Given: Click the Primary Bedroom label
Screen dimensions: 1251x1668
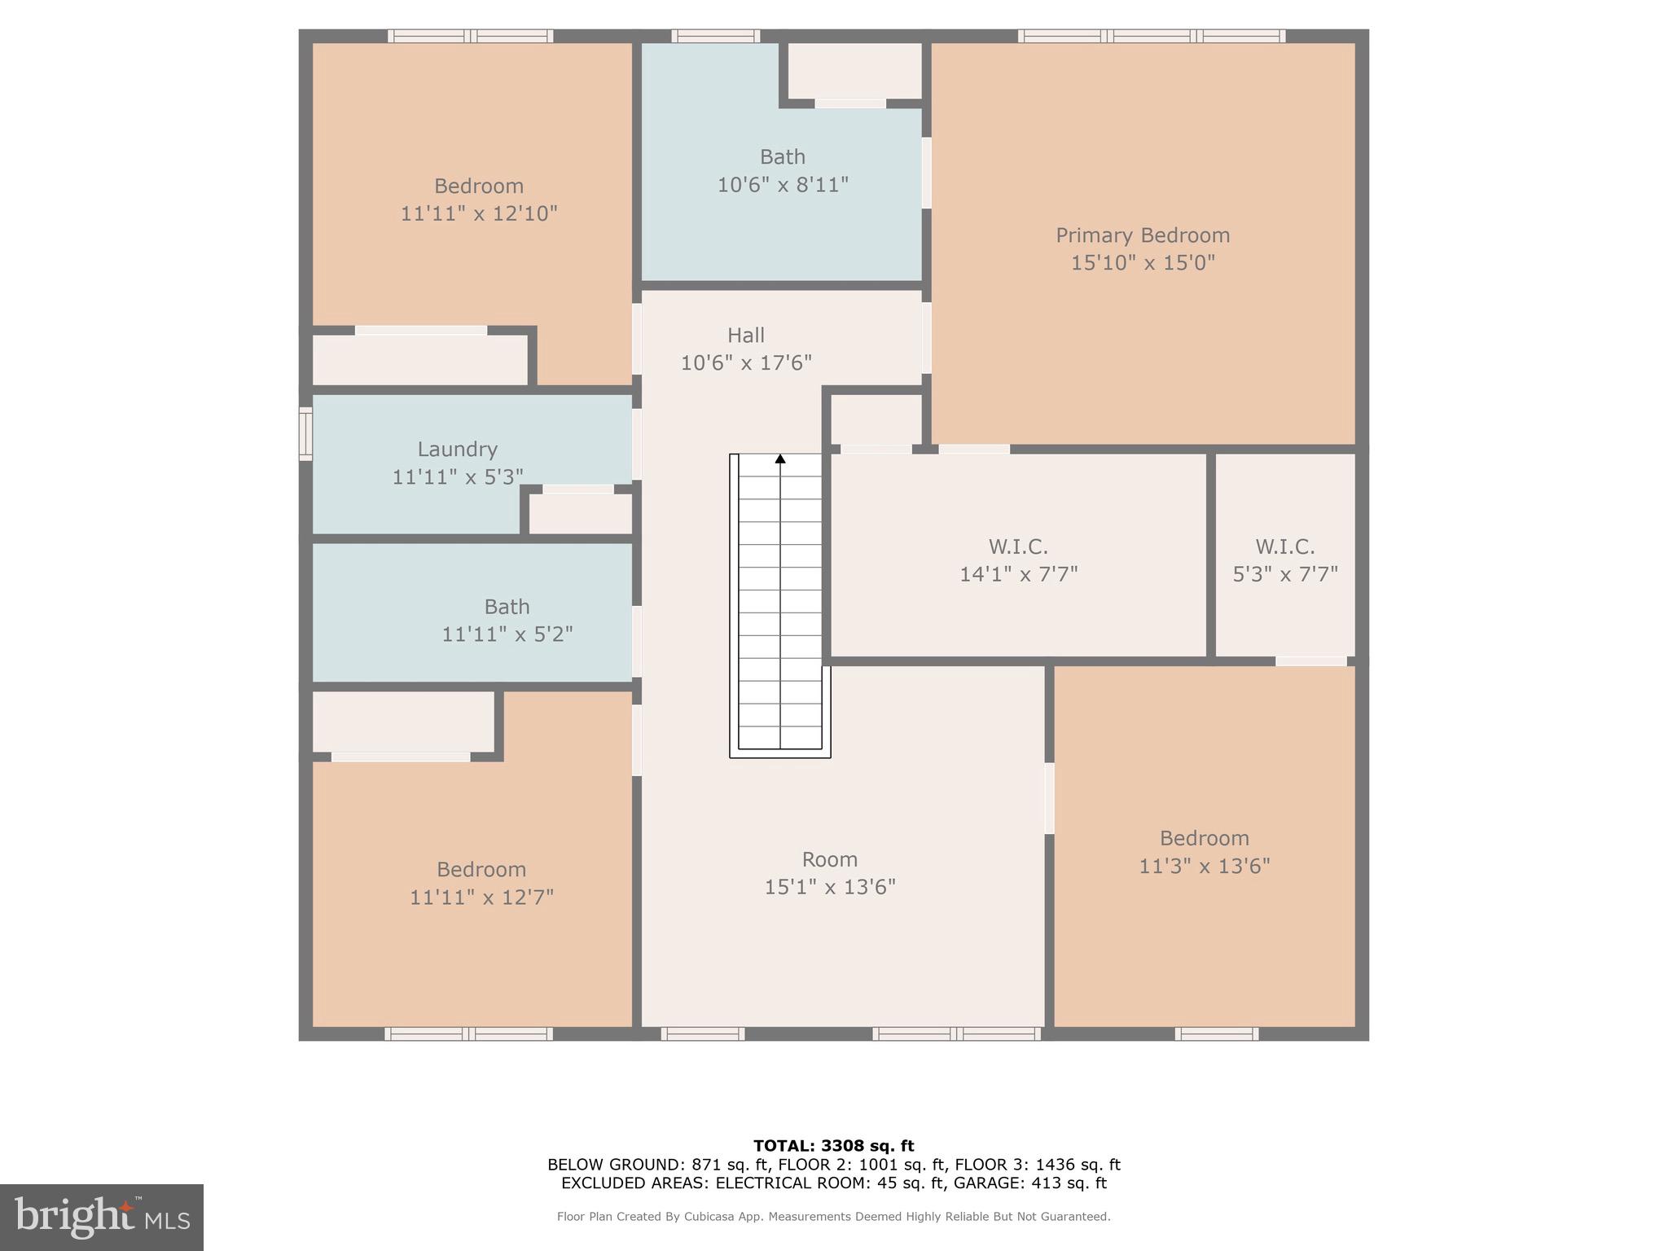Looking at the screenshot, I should (1142, 235).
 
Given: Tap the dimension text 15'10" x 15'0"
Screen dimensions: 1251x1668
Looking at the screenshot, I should (1142, 263).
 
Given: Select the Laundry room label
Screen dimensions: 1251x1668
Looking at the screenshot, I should (457, 449).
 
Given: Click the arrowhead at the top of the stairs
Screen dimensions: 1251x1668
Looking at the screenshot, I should (780, 459).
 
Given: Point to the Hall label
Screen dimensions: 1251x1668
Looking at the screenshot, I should (745, 335).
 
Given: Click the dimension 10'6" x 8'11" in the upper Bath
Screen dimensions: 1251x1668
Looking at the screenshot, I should (782, 185).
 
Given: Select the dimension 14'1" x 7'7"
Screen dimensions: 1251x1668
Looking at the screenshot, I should (1018, 574).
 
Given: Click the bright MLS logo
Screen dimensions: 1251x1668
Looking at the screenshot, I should (102, 1217).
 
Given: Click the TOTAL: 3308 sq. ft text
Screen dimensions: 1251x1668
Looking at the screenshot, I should (833, 1146).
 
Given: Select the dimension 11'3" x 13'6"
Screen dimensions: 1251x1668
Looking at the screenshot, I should (1204, 866).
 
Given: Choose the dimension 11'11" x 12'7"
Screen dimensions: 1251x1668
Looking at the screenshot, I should (481, 898).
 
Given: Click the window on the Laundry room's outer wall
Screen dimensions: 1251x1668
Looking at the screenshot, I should (305, 434).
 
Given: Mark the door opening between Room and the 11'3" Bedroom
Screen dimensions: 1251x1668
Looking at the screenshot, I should (1049, 798).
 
